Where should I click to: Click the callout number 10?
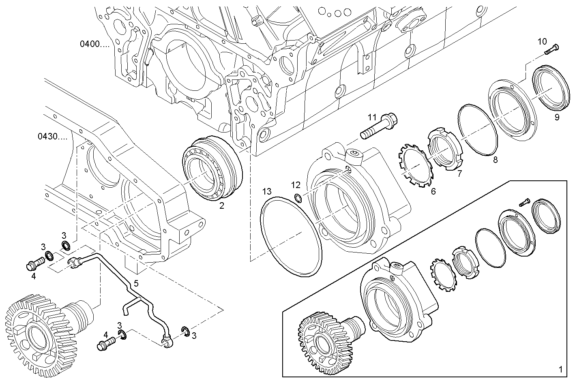click(x=542, y=41)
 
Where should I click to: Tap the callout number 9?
click(x=557, y=118)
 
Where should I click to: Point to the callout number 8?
click(x=495, y=160)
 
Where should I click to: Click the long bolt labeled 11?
click(x=379, y=126)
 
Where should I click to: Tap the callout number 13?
click(x=266, y=191)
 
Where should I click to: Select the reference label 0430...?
click(x=53, y=137)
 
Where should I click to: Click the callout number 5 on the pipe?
click(x=136, y=283)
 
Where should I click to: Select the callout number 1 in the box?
click(x=560, y=370)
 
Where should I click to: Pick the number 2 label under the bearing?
click(x=222, y=206)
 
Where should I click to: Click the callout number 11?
click(x=372, y=118)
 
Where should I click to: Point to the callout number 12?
click(x=296, y=185)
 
